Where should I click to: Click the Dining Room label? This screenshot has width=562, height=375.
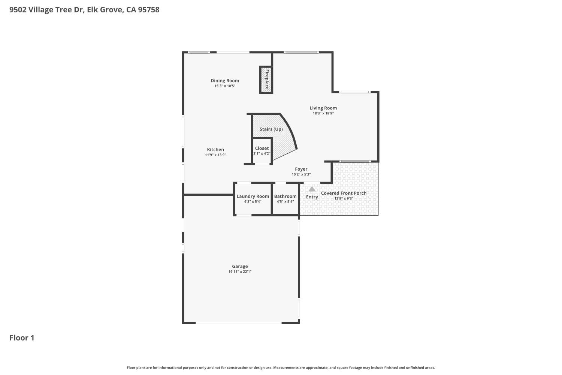225,81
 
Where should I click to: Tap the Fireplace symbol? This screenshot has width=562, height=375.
266,79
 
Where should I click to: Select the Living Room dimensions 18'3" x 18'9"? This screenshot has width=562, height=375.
323,113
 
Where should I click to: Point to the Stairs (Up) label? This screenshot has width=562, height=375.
271,129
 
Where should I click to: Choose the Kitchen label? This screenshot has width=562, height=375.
215,150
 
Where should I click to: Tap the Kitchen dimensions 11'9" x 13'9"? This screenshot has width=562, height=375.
215,155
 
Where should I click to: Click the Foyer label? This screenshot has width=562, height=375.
301,169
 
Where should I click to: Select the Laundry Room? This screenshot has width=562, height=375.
253,199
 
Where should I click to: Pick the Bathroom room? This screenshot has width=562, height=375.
285,199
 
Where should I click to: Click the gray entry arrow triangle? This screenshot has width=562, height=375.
312,189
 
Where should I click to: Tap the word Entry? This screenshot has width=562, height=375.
312,197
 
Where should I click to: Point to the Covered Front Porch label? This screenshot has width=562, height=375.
344,193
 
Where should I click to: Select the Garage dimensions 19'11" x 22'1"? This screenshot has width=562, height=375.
240,272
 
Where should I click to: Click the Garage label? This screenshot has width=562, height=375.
240,267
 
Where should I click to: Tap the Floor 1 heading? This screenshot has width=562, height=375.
22,338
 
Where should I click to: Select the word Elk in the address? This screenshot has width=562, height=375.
93,10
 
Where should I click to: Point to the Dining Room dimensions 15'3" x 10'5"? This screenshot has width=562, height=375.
225,86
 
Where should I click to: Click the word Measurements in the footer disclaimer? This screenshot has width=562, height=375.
285,368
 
